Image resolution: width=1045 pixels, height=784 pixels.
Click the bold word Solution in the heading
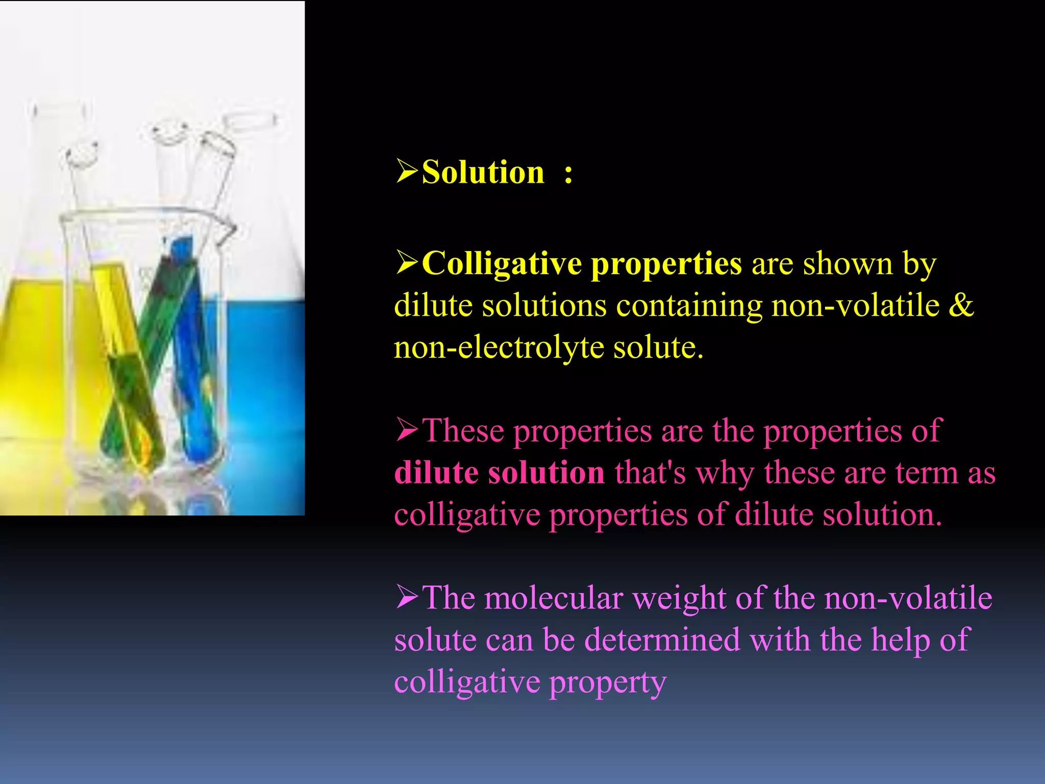483,172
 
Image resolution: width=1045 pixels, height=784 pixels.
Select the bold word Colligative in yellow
502,264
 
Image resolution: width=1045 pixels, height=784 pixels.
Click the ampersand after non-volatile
961,305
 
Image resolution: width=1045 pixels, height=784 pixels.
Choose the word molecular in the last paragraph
554,598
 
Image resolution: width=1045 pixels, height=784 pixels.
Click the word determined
662,640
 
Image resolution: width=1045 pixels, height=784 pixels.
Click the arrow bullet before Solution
407,171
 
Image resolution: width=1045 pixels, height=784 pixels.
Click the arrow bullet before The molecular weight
407,597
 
